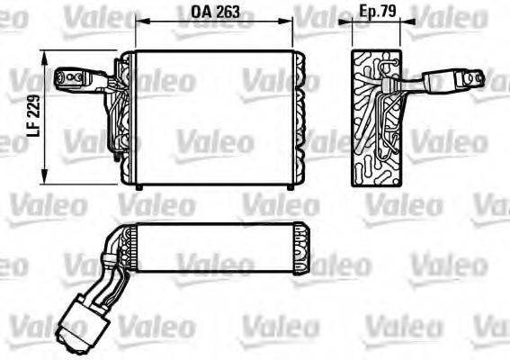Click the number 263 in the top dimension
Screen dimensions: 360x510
(228, 13)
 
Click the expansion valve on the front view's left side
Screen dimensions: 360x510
(75, 80)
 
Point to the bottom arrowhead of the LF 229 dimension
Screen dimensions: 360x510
(45, 179)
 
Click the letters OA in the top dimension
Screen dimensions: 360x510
(202, 13)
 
